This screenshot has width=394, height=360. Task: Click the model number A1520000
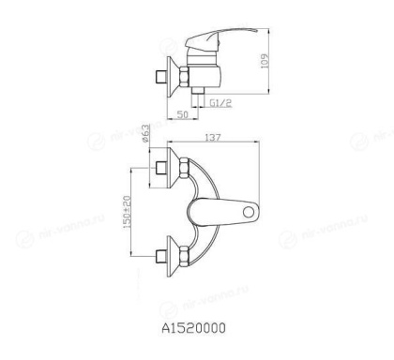click(x=196, y=328)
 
